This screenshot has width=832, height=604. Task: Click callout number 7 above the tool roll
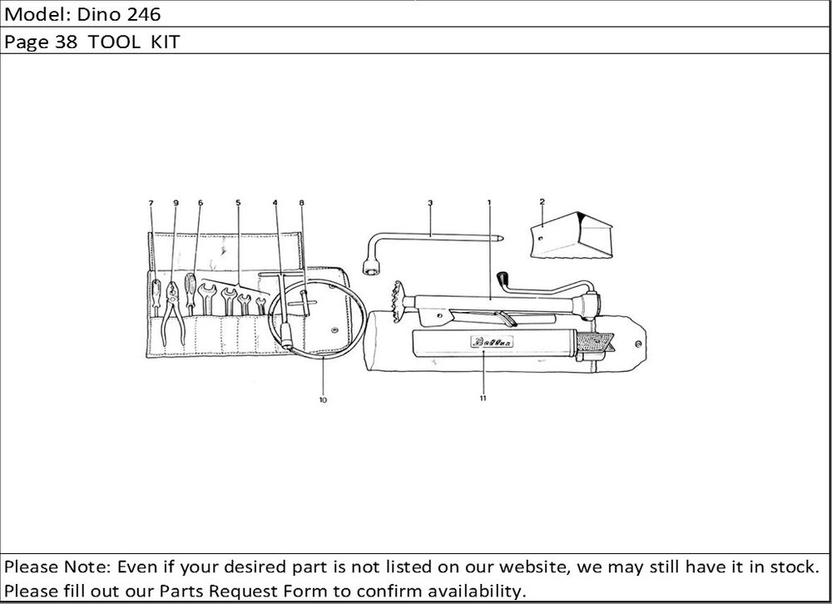tap(151, 203)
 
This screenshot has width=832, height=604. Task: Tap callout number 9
tap(176, 203)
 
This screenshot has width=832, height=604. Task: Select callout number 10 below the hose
tap(323, 400)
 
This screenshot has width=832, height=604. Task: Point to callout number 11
tap(483, 399)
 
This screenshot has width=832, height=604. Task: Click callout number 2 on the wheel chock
tap(542, 201)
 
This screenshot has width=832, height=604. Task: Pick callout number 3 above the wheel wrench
tap(430, 202)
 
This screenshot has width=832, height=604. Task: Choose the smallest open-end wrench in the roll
tap(260, 305)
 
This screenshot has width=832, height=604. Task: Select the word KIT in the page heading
tap(165, 42)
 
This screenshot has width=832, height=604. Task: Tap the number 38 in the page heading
tap(66, 42)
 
